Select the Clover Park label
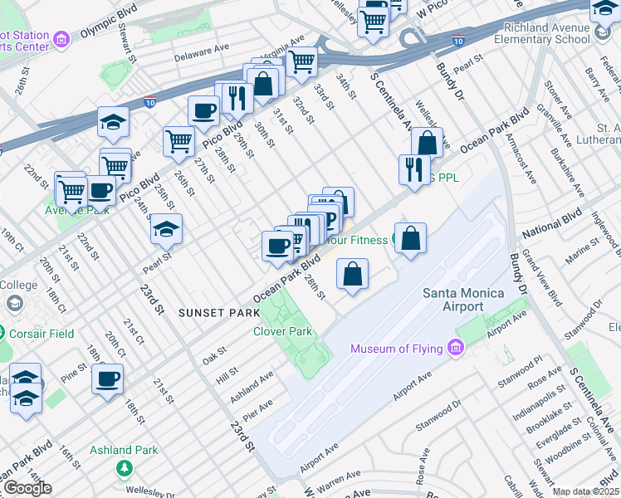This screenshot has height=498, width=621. tap(282, 331)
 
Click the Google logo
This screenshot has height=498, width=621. tap(27, 488)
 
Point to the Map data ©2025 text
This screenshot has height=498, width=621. tap(585, 491)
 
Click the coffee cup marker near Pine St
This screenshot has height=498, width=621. tap(108, 380)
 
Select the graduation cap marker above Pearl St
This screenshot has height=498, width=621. tap(166, 228)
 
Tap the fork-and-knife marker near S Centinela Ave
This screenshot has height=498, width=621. tap(413, 169)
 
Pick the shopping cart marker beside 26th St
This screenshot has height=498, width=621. tap(178, 141)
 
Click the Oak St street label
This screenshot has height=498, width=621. tap(214, 356)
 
